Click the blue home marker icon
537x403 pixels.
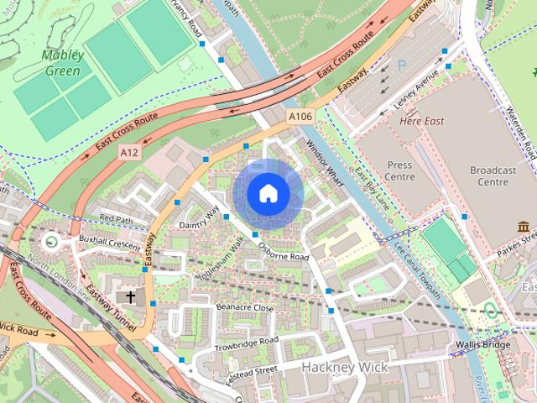(x=268, y=194)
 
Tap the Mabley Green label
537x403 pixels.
(x=63, y=64)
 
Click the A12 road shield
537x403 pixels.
(x=128, y=152)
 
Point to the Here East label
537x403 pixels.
(x=422, y=121)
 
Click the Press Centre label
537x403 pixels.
(x=400, y=171)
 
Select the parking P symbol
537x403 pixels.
(x=401, y=64)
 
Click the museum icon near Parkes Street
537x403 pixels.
(x=524, y=227)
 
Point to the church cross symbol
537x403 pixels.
(x=130, y=296)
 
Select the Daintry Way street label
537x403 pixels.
(x=198, y=218)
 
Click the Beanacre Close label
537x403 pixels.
(x=245, y=308)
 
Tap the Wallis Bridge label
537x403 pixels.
(x=482, y=345)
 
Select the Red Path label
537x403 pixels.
(x=117, y=218)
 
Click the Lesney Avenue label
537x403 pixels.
(x=416, y=92)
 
